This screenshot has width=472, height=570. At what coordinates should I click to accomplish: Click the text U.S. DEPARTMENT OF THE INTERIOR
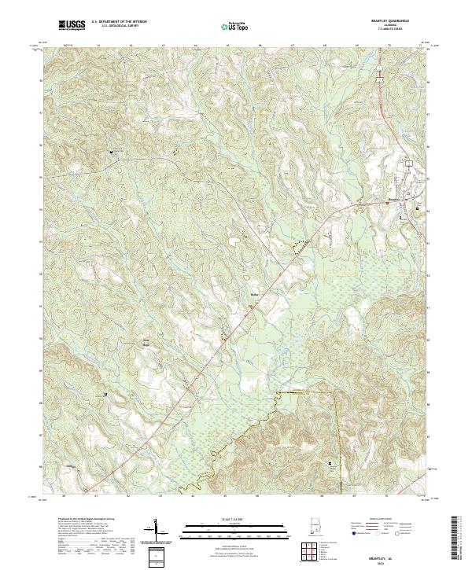(x=117, y=24)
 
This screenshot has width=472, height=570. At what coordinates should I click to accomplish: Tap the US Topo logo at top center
(x=235, y=27)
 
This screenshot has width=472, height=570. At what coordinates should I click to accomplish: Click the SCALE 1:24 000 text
(x=235, y=520)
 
